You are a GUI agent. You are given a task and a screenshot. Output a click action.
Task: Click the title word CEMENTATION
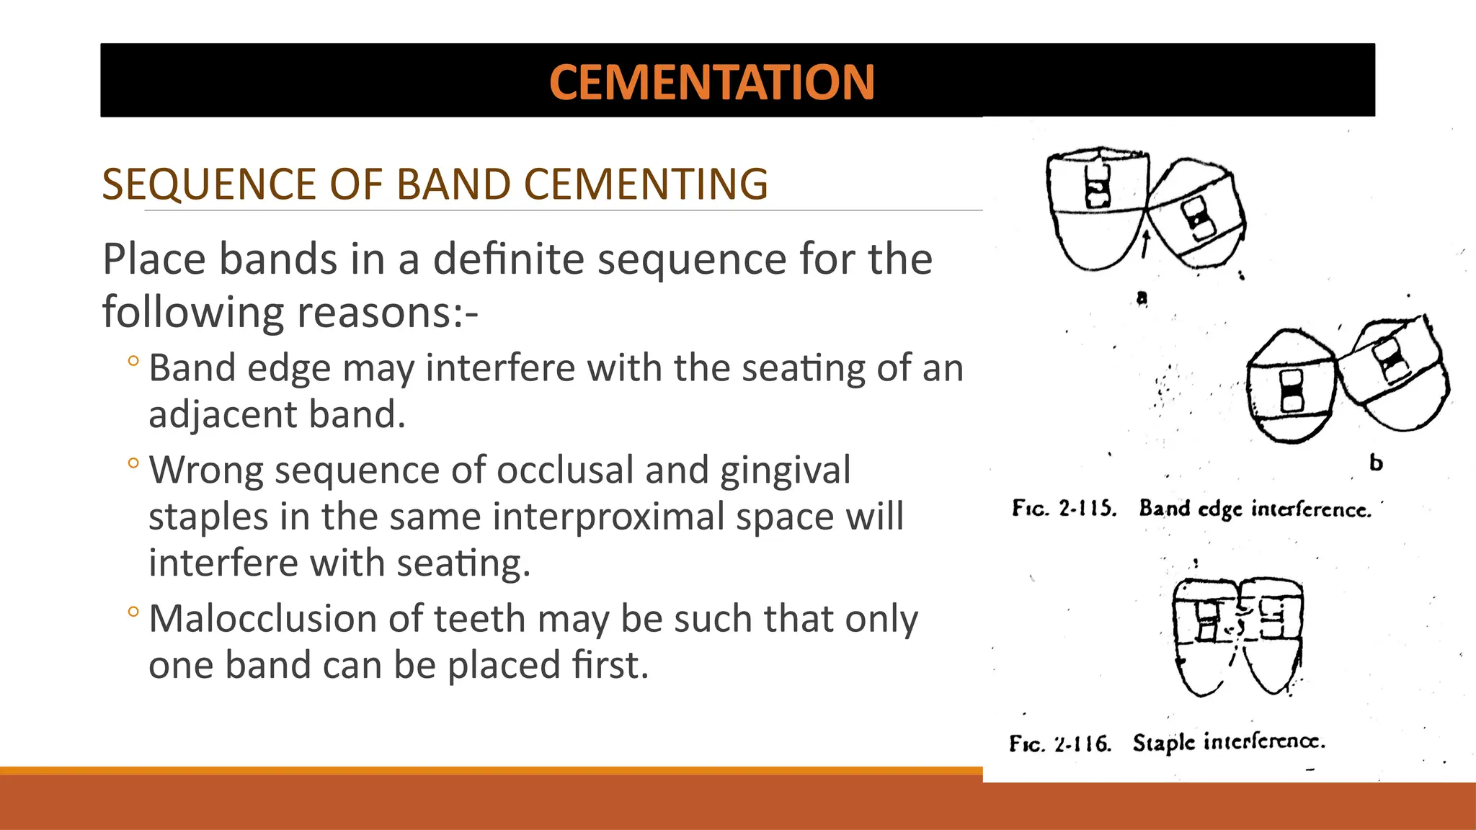711,82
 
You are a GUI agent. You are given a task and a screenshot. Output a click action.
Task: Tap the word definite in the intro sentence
511,259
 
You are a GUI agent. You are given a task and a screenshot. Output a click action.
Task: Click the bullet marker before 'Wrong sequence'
133,463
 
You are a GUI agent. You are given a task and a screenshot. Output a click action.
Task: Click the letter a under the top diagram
1142,298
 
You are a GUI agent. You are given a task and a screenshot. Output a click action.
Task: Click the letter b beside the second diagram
1376,463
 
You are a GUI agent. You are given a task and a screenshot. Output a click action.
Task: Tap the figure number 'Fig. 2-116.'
1059,743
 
